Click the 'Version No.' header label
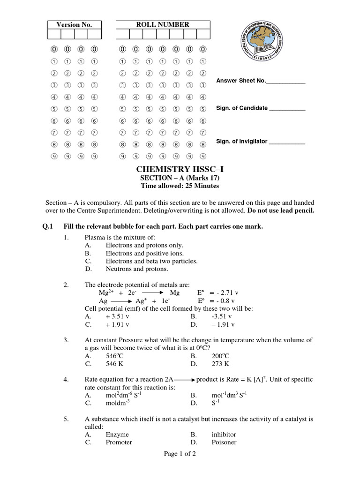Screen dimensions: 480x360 [x=74, y=24]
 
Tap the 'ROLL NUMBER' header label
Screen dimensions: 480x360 [x=163, y=24]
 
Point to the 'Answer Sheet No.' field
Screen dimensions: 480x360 [x=261, y=81]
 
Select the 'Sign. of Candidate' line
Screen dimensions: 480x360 [x=261, y=108]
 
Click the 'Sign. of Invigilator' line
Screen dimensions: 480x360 [x=261, y=141]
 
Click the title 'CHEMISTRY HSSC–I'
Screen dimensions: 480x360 [x=180, y=169]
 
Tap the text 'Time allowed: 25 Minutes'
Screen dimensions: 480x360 [x=180, y=186]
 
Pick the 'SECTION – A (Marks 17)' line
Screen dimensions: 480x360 [x=180, y=178]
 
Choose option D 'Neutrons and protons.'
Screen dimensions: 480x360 [x=137, y=269]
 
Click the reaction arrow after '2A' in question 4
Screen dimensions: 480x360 [x=184, y=380]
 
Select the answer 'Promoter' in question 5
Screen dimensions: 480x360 [x=119, y=442]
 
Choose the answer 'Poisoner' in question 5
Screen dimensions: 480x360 [x=224, y=442]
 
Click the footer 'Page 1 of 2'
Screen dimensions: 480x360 [x=180, y=467]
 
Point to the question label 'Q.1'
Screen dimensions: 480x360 [x=48, y=226]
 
